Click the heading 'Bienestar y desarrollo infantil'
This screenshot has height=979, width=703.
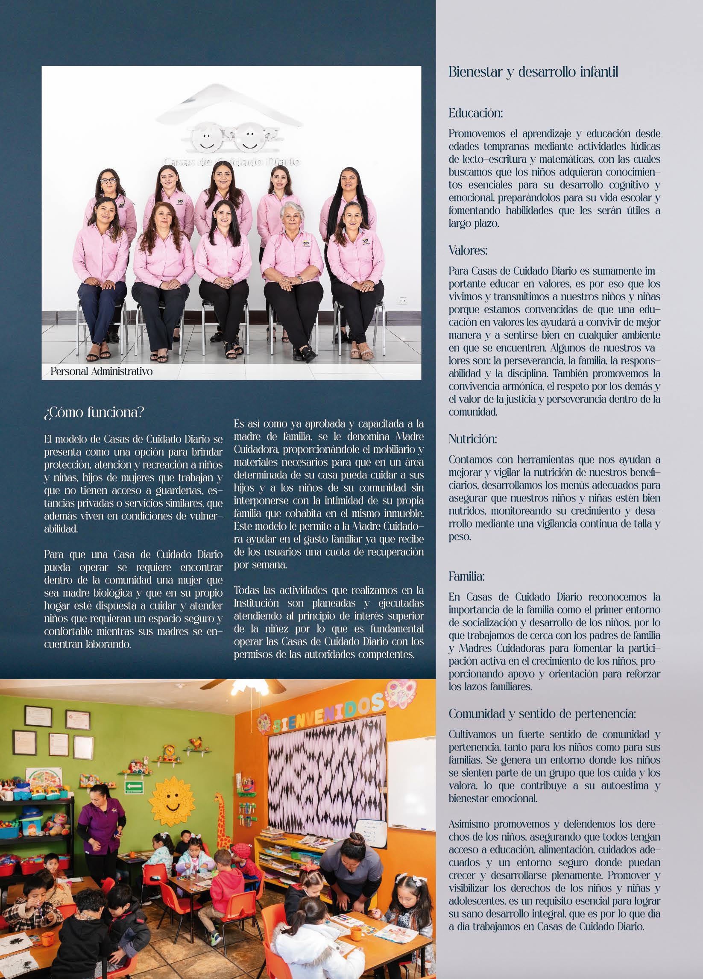click(533, 73)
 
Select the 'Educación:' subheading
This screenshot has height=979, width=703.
click(476, 114)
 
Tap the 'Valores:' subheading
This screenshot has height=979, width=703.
click(468, 250)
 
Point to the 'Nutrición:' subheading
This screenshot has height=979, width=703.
click(472, 440)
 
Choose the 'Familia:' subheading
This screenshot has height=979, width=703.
click(466, 576)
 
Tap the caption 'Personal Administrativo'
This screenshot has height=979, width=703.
click(101, 371)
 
